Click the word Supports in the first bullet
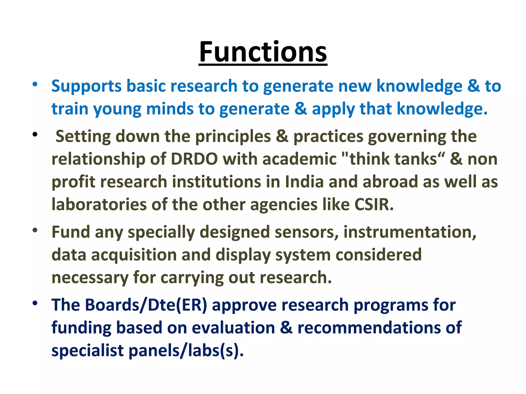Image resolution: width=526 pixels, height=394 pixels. [86, 86]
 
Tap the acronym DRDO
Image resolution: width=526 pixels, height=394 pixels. [194, 159]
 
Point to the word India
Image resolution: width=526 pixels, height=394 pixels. [304, 182]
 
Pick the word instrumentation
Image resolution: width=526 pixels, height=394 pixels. [410, 232]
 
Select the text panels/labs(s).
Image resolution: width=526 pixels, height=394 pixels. [186, 351]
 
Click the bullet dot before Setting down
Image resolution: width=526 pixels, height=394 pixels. [35, 134]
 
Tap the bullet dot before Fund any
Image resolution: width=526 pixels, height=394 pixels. [35, 230]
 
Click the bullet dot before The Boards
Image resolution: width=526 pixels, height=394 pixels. [35, 303]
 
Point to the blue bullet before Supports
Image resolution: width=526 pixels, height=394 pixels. [35, 84]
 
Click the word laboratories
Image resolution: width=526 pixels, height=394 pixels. [99, 205]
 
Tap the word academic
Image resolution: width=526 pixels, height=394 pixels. [299, 159]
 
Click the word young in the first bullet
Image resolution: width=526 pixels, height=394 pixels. [117, 109]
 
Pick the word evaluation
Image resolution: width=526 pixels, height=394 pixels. [233, 328]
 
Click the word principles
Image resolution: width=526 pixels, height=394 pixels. [233, 136]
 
